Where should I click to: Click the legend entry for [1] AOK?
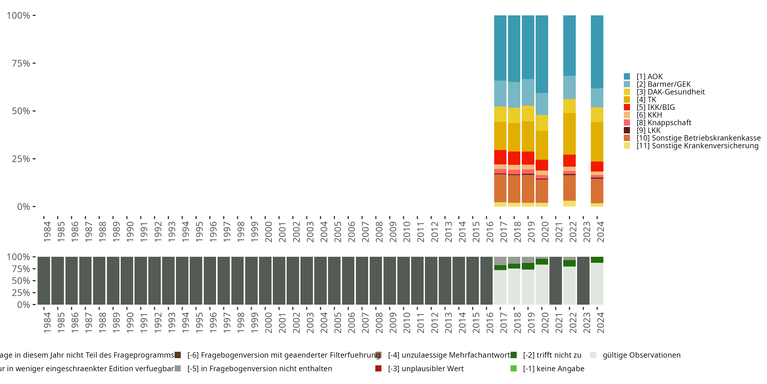[x=649, y=77]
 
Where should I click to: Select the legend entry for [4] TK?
[x=646, y=100]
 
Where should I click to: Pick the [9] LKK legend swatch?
[x=627, y=130]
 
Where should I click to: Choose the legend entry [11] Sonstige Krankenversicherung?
[x=697, y=146]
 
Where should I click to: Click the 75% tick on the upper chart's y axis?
[x=21, y=63]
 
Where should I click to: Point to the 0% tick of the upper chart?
[x=24, y=207]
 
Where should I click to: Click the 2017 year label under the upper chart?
[x=503, y=232]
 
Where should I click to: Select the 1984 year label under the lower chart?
[x=47, y=323]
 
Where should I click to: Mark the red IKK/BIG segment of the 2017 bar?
[x=500, y=157]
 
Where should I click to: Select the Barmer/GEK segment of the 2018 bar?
[x=514, y=95]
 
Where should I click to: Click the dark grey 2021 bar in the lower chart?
[x=555, y=281]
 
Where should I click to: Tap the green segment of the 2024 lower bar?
[x=597, y=260]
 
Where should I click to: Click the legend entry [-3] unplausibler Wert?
[x=425, y=369]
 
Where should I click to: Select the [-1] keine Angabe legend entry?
[x=553, y=369]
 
